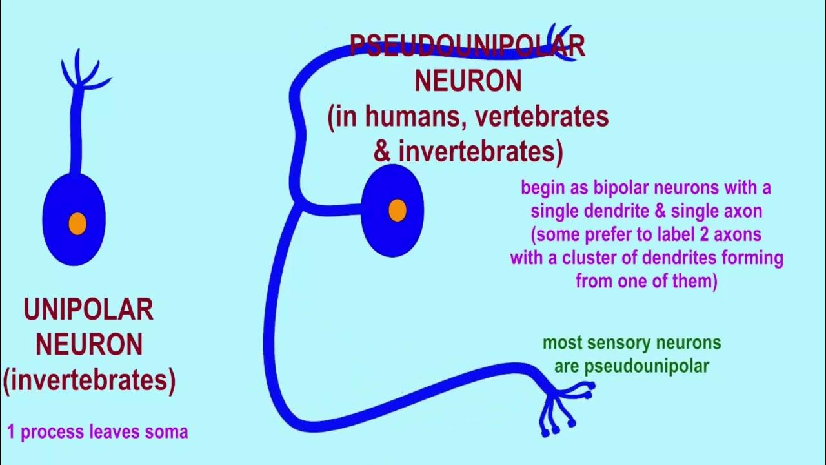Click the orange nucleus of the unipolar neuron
click(x=77, y=223)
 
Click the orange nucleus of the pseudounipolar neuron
click(x=398, y=210)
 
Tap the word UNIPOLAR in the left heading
click(x=88, y=311)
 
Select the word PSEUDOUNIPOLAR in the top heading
click(x=467, y=46)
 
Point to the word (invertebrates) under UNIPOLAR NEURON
click(x=89, y=381)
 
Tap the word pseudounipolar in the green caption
click(x=647, y=366)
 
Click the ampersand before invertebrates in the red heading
click(x=382, y=152)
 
